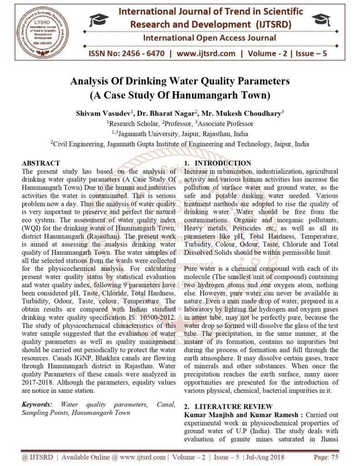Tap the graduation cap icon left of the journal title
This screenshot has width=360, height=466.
click(99, 20)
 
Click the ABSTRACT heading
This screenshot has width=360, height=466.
click(41, 163)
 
